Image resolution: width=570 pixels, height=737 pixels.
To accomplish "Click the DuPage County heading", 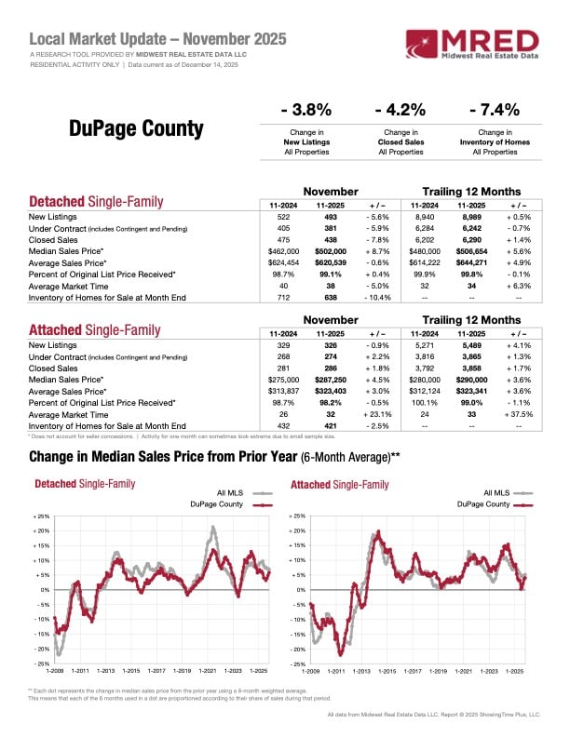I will click(136, 128).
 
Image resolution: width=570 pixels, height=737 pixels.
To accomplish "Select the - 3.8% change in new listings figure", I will click(305, 110).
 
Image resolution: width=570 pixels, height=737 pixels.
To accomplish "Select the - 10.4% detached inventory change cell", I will click(382, 298).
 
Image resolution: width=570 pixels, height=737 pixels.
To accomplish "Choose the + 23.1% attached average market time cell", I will click(382, 413).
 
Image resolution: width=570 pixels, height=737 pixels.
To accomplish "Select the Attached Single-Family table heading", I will click(95, 330).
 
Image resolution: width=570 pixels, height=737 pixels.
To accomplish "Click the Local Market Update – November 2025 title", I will click(158, 39).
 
